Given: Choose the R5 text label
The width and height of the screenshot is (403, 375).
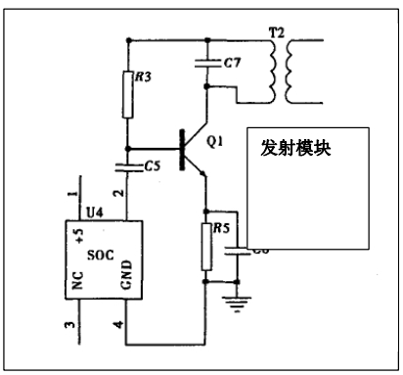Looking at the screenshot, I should click(x=223, y=231).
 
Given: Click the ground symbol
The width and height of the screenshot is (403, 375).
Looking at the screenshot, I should click(x=234, y=300).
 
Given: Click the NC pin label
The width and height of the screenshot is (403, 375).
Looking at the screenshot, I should click(x=78, y=281).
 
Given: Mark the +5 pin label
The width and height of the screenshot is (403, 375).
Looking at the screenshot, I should click(x=78, y=236).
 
